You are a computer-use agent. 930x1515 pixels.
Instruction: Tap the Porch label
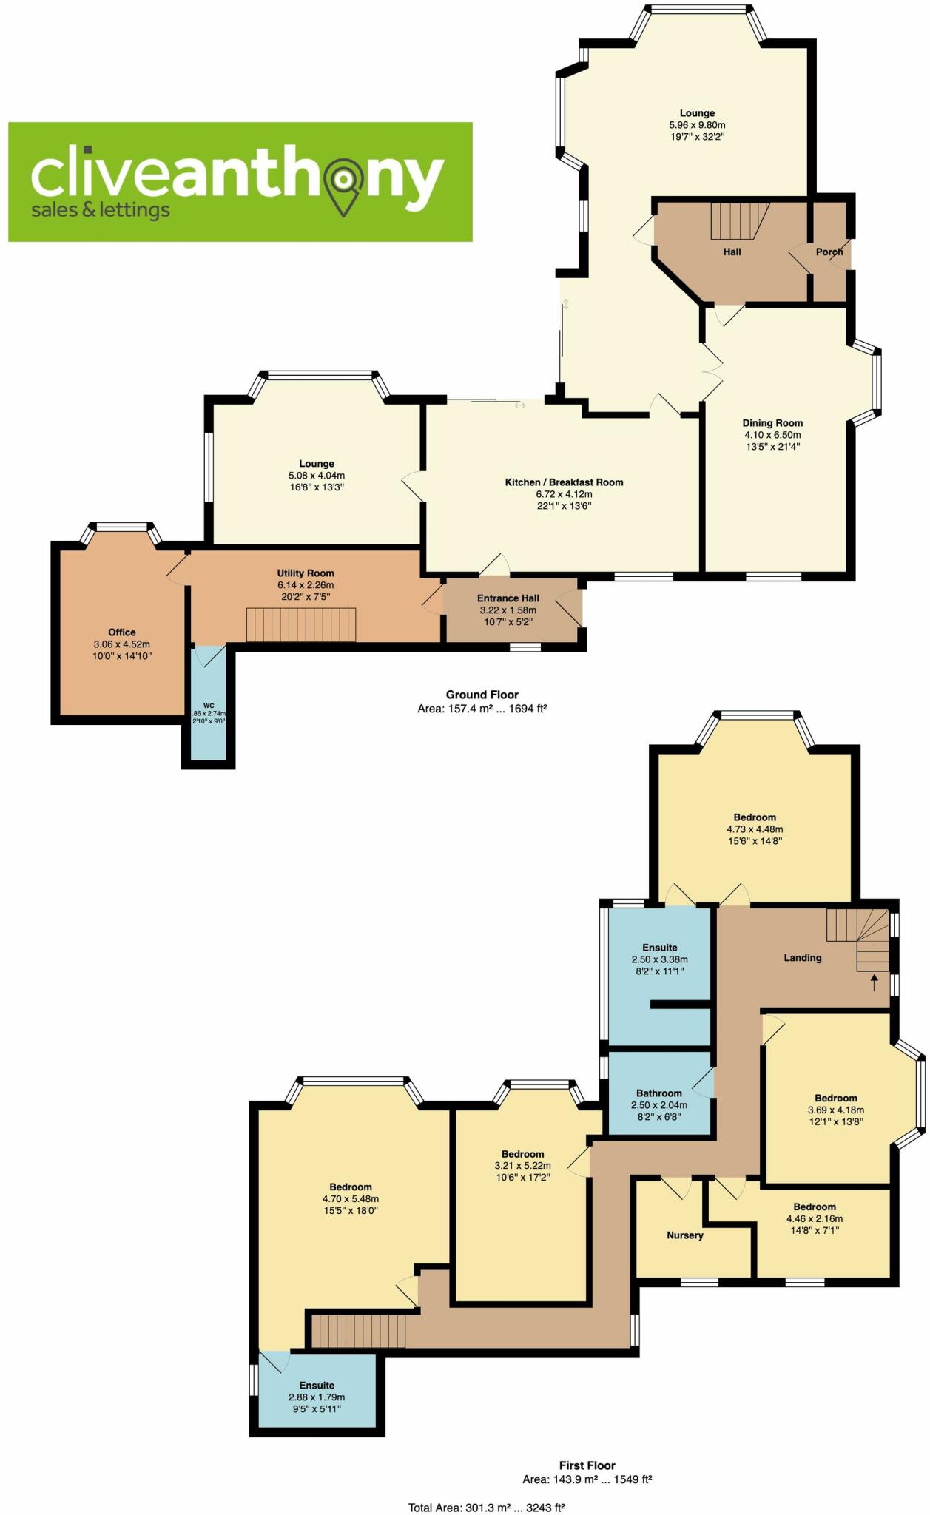pyautogui.click(x=829, y=252)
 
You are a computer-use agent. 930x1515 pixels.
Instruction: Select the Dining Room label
pyautogui.click(x=772, y=423)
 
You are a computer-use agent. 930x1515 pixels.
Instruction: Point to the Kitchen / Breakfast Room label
pyautogui.click(x=564, y=482)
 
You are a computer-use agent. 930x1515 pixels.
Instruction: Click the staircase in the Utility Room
pyautogui.click(x=301, y=624)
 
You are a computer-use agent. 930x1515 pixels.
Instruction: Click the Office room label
pyautogui.click(x=122, y=632)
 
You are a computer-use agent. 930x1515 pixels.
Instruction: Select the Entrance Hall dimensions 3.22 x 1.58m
pyautogui.click(x=508, y=610)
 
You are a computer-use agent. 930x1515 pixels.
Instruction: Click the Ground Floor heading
pyautogui.click(x=482, y=695)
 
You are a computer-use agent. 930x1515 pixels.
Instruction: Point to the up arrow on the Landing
pyautogui.click(x=874, y=982)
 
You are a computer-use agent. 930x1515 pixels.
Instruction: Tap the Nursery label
pyautogui.click(x=685, y=1235)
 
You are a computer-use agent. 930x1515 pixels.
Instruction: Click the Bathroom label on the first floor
pyautogui.click(x=659, y=1093)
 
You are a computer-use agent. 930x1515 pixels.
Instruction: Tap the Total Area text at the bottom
pyautogui.click(x=486, y=1508)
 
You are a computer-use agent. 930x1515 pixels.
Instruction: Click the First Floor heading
pyautogui.click(x=587, y=1465)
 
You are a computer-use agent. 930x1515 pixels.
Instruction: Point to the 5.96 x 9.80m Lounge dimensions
pyautogui.click(x=697, y=125)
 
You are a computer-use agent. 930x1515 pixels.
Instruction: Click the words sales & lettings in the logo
pyautogui.click(x=100, y=210)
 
